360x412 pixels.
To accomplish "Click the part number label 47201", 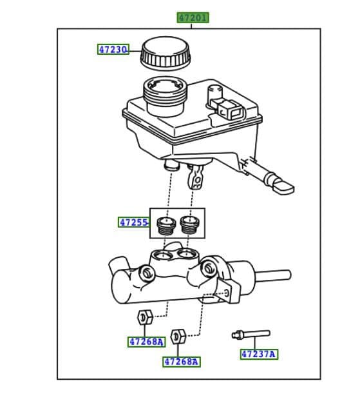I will [x=193, y=17].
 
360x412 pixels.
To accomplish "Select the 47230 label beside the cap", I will [x=113, y=49].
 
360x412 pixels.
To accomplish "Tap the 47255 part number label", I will [x=133, y=222].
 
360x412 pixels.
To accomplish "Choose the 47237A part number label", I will [x=259, y=354].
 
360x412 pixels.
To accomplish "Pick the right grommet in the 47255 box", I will [x=189, y=226].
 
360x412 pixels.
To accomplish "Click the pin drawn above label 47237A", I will [x=251, y=334].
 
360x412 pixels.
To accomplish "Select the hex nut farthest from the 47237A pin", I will [x=144, y=317].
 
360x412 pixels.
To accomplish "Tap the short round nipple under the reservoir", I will [x=171, y=166].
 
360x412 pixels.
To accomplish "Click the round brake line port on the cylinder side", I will [x=147, y=274].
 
